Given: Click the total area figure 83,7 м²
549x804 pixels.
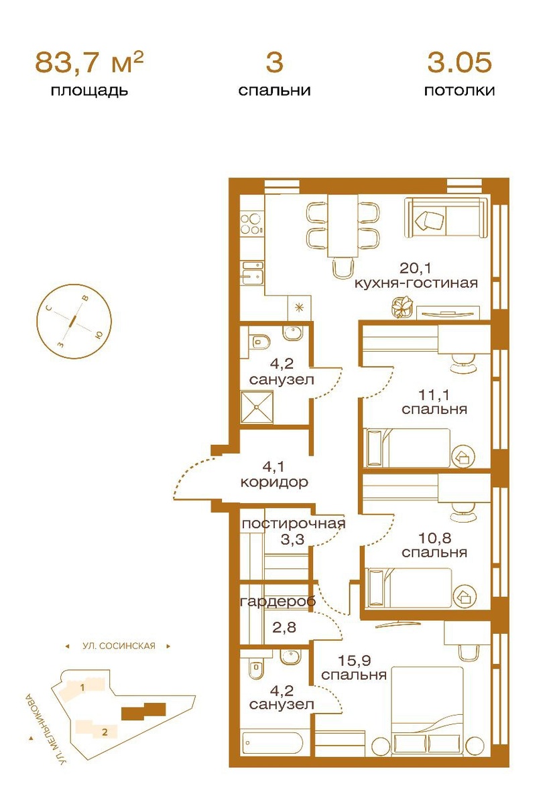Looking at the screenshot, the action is click(x=89, y=62).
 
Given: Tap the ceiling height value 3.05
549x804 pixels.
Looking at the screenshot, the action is click(x=459, y=62).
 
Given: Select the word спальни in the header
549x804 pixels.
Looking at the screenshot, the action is click(x=274, y=90).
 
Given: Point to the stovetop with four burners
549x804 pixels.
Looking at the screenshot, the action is click(x=251, y=224).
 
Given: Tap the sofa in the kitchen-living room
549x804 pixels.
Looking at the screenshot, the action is click(x=447, y=218).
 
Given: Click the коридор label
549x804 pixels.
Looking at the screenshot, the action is click(x=274, y=482).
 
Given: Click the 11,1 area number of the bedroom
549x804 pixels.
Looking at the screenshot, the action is click(x=434, y=395).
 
